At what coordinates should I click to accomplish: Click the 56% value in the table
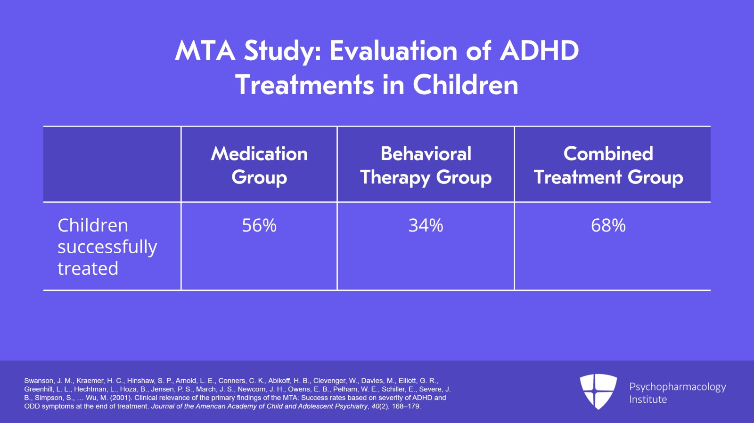[259, 225]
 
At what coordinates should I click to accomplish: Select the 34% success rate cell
[426, 225]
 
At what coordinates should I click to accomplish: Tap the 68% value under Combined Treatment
[608, 225]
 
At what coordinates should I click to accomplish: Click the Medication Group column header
[259, 165]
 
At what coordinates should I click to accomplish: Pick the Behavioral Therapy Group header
[426, 165]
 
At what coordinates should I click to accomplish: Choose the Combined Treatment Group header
[608, 165]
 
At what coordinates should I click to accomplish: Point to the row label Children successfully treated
[107, 247]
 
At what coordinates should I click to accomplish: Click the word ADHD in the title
[539, 51]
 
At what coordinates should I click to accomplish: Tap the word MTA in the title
[205, 51]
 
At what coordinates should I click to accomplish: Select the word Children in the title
[465, 85]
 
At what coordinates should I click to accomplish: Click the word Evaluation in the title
[393, 51]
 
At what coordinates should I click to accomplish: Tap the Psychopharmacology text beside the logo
[677, 387]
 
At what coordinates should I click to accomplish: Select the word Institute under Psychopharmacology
[648, 399]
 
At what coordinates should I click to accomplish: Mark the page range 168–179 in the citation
[406, 406]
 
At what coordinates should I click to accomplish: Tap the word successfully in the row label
[107, 247]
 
